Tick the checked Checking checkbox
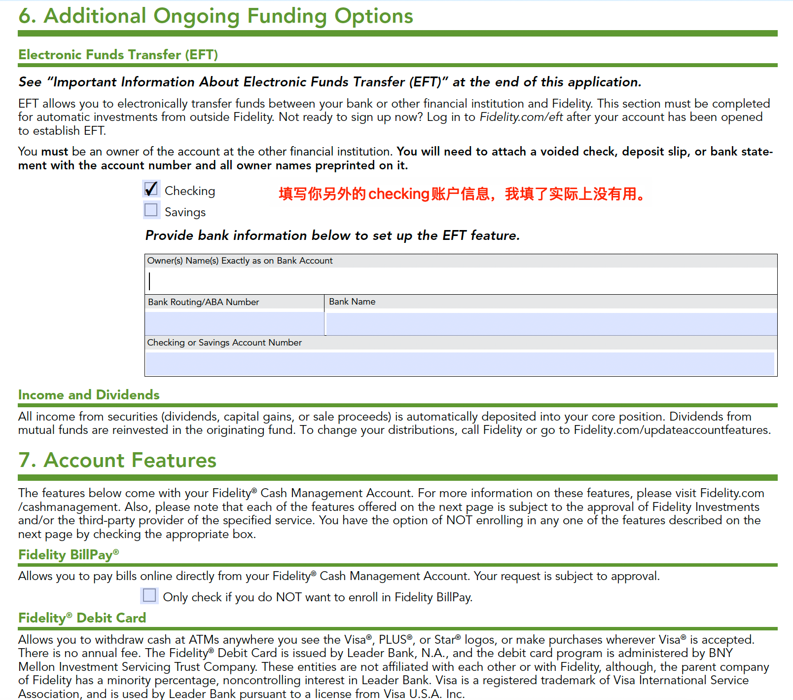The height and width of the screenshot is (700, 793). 151,189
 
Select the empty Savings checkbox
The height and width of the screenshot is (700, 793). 151,210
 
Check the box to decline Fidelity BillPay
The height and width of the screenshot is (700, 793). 149,595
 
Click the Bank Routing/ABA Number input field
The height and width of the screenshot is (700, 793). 234,323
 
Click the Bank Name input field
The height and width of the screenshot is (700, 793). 551,324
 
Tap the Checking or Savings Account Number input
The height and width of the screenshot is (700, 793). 460,363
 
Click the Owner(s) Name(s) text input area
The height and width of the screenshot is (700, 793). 461,281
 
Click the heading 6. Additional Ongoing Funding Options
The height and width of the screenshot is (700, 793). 216,16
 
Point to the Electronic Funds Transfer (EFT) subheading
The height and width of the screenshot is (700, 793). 118,54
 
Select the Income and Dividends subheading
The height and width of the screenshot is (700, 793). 89,395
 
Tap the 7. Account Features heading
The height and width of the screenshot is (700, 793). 117,460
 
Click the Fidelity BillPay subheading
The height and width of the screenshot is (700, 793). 68,555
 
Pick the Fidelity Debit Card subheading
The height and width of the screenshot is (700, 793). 82,618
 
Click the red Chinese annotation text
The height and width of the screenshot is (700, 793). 462,194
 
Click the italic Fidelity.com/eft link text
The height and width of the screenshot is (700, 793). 521,117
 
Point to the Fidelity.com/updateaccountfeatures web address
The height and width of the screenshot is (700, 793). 671,430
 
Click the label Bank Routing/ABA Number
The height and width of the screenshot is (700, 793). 203,302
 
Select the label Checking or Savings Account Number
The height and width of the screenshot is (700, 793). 224,343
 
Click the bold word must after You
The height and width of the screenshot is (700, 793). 54,152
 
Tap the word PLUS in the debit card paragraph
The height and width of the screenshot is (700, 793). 393,640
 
